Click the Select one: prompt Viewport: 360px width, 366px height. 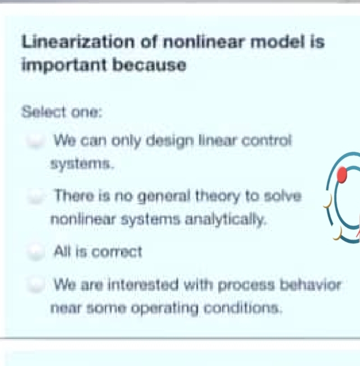point(62,111)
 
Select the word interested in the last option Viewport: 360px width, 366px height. point(132,285)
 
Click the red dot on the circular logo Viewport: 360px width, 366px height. point(342,176)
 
